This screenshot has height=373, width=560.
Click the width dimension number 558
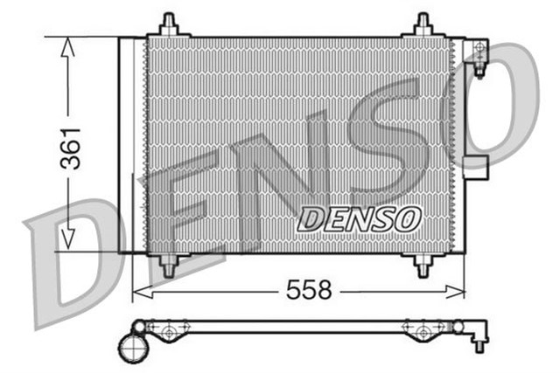click(311, 291)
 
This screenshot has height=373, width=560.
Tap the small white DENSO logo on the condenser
click(360, 219)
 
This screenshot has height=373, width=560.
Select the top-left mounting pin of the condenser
click(169, 24)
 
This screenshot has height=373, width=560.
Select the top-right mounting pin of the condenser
click(423, 24)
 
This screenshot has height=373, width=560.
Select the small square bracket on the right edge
click(478, 169)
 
